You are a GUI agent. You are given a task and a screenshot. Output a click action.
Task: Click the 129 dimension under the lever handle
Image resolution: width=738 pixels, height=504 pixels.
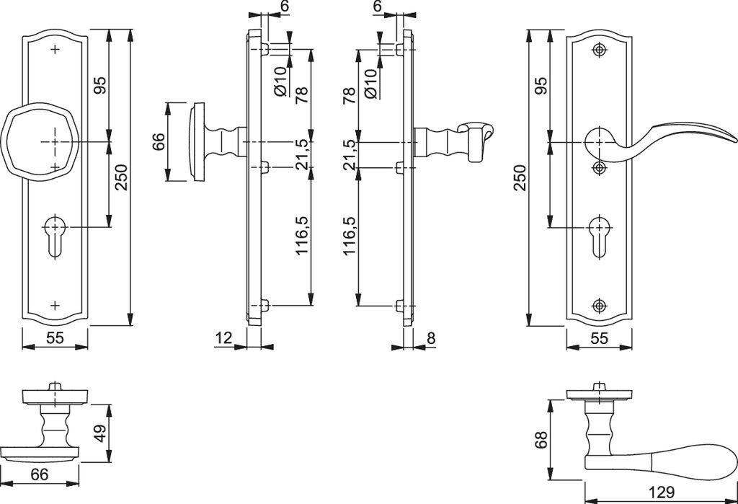(x=660, y=493)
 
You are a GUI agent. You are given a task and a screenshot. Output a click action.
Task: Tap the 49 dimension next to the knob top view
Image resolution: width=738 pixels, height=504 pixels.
(x=101, y=433)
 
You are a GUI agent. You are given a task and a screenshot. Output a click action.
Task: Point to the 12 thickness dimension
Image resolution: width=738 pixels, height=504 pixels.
(x=223, y=336)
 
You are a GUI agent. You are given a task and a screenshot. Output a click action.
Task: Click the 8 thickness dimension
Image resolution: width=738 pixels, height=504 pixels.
(x=431, y=336)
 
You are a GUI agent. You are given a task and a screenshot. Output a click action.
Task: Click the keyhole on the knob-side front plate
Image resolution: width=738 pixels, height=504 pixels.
(x=55, y=234)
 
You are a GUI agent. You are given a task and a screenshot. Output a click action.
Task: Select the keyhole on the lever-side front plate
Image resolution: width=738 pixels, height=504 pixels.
(x=597, y=234)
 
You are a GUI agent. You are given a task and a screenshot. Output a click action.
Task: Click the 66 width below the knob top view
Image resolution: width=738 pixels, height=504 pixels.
(x=40, y=474)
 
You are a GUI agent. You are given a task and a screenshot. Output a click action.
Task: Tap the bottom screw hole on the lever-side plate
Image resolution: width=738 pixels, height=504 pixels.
(x=597, y=305)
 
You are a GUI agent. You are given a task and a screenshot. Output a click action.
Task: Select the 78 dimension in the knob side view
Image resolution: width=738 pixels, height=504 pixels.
(x=301, y=94)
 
